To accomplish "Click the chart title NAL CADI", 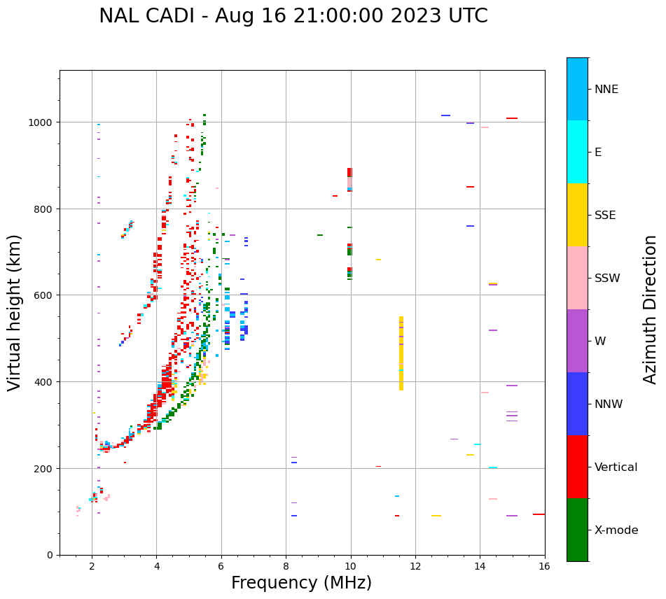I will coord(293,16).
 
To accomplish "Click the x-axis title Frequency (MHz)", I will coord(301,583).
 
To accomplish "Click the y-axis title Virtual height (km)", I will coord(15,312).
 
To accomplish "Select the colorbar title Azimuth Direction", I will coord(651,309).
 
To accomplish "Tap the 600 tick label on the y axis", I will coord(44,295).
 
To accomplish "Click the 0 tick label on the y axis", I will coord(49,555).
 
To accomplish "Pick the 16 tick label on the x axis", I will coord(545,568).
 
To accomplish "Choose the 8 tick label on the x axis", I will coord(286,568).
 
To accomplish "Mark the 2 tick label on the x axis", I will coord(92,568).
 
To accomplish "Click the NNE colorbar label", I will coord(606,90).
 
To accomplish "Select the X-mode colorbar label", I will coord(616,530).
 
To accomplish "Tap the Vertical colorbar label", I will coord(616,467).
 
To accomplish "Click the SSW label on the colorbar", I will coord(607,279).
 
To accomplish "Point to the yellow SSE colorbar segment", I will coord(577,215).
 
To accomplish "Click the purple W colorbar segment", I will coord(577,341).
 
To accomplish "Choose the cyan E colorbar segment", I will coord(577,152).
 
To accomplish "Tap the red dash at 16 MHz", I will coord(539,514).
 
